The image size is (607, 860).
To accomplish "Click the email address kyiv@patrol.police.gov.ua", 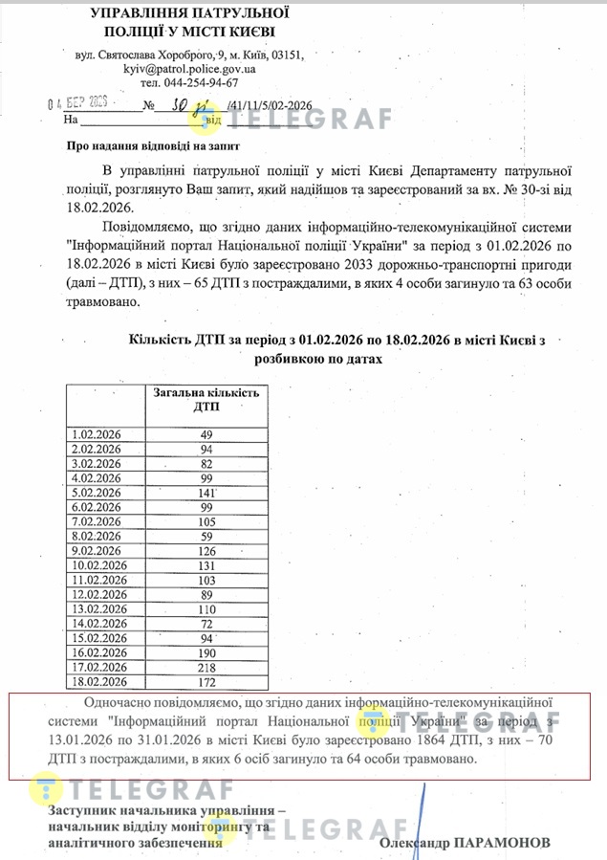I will [188, 69].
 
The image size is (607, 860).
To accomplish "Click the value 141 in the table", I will [206, 493].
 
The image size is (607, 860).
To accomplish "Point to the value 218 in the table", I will [206, 667].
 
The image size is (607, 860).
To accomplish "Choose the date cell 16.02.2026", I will [100, 652].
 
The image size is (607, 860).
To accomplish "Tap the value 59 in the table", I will [206, 536].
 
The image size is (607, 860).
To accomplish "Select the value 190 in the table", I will [206, 652].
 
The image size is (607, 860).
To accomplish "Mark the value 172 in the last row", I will [206, 681].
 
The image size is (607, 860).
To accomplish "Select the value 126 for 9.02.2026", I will [206, 551].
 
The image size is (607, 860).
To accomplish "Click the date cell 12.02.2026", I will [100, 594].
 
